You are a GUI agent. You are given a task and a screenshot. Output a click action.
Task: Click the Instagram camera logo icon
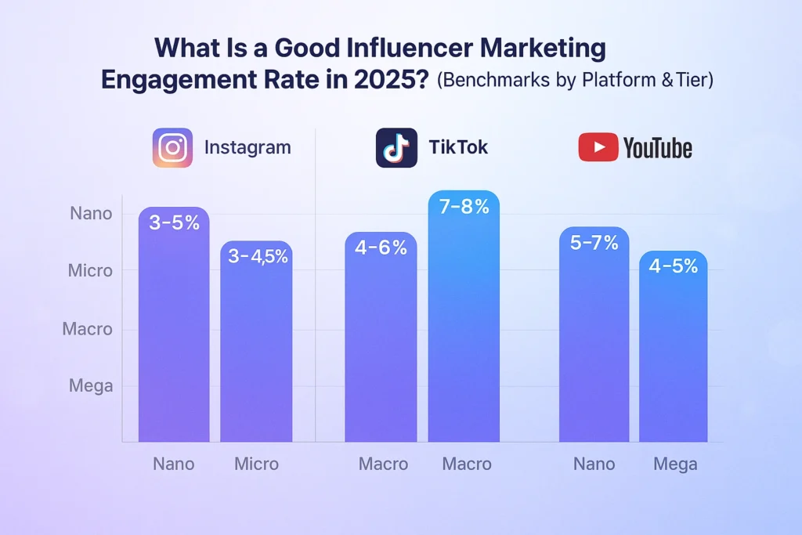[172, 147]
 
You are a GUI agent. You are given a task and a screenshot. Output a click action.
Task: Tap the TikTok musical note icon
[396, 147]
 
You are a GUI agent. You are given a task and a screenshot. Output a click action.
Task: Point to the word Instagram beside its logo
[247, 147]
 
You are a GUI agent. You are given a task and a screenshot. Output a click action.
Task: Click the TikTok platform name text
[458, 147]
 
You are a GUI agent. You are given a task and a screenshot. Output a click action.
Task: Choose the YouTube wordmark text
[657, 147]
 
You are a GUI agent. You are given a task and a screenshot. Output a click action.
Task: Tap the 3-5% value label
[174, 222]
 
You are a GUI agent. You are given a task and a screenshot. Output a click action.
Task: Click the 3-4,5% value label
[256, 256]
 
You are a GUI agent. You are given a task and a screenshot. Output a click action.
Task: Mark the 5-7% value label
[594, 243]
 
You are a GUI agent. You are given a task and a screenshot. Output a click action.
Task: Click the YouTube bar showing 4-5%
[674, 352]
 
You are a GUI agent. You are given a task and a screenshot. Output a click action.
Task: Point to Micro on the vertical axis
[90, 271]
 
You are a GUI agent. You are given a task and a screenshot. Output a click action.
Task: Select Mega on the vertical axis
[91, 386]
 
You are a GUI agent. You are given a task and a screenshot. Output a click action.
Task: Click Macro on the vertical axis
[88, 329]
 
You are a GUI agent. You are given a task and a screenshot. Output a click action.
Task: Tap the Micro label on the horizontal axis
[256, 465]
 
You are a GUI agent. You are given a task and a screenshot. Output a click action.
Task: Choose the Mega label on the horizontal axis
[675, 465]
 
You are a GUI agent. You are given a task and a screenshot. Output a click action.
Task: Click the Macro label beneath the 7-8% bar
[467, 465]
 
